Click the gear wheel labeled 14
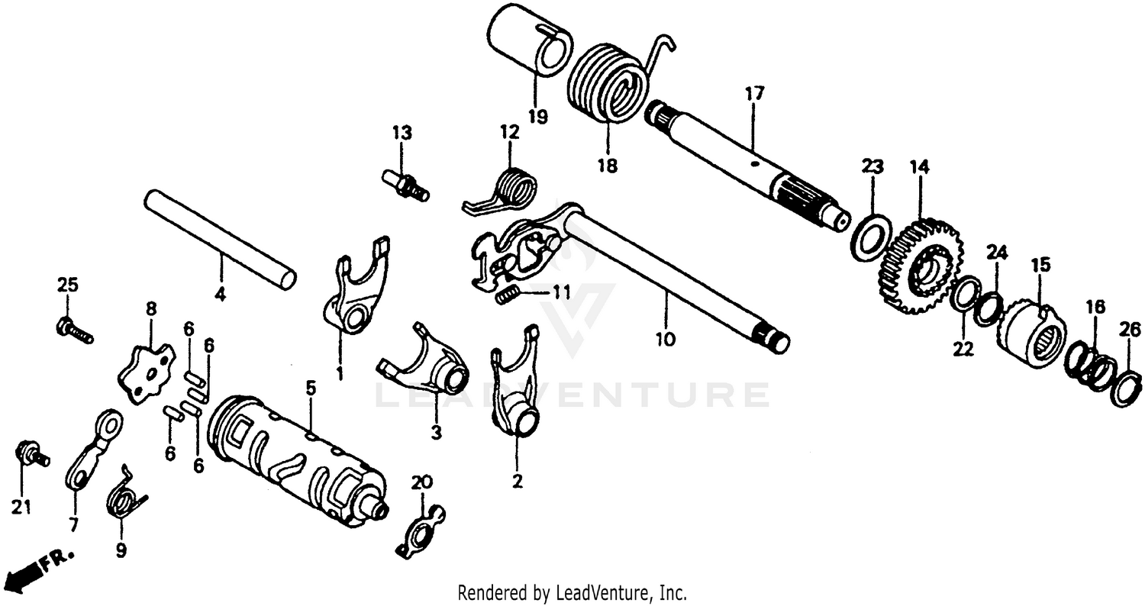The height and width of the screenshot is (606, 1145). tap(921, 267)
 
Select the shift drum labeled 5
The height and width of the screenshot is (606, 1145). tap(298, 462)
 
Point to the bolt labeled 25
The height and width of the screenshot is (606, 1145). tap(73, 330)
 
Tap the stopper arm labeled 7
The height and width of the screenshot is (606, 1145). tap(92, 450)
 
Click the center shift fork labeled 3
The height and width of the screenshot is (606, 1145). tap(427, 363)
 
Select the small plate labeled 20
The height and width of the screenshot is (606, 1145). tap(421, 528)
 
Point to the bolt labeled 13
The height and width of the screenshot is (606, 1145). tap(405, 185)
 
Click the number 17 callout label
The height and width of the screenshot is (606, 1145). tap(754, 95)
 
